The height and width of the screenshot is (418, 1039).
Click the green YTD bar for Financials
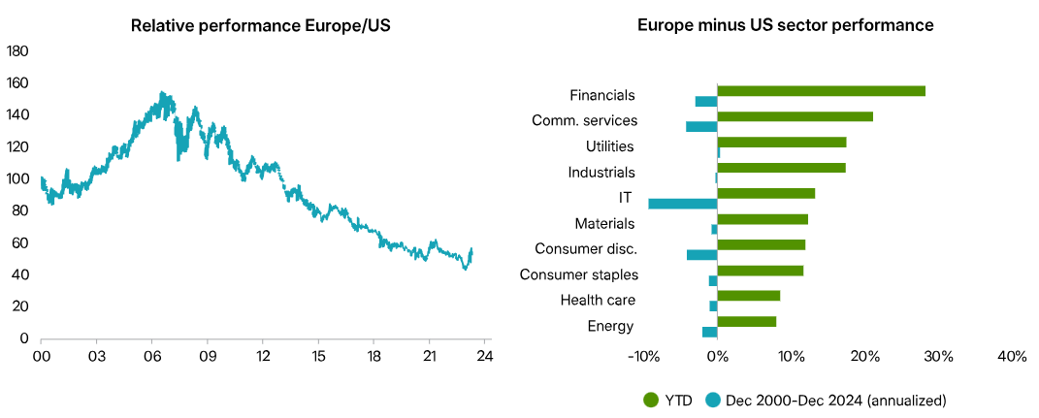(821, 91)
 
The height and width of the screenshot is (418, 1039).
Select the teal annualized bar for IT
(683, 204)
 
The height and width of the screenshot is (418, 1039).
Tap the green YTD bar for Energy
(746, 321)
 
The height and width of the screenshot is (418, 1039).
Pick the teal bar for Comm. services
(701, 126)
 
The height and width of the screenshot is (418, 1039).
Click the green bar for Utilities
(781, 142)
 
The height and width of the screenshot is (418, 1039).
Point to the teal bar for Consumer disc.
(701, 254)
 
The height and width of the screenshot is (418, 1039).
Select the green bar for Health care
(748, 296)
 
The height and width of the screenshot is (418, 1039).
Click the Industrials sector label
(601, 173)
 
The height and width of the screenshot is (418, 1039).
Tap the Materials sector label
(604, 224)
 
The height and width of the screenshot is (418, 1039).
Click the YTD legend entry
(669, 400)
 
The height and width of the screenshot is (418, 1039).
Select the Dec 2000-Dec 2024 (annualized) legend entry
(825, 400)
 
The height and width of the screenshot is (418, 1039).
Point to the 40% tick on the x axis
(1011, 357)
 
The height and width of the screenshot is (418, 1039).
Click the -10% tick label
(644, 357)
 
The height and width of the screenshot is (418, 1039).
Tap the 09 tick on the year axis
(207, 356)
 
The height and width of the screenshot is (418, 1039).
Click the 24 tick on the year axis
(485, 356)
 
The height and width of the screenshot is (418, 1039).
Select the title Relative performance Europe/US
(254, 25)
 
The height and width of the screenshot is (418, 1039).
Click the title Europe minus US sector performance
(785, 25)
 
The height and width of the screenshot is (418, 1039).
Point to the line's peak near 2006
(162, 93)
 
